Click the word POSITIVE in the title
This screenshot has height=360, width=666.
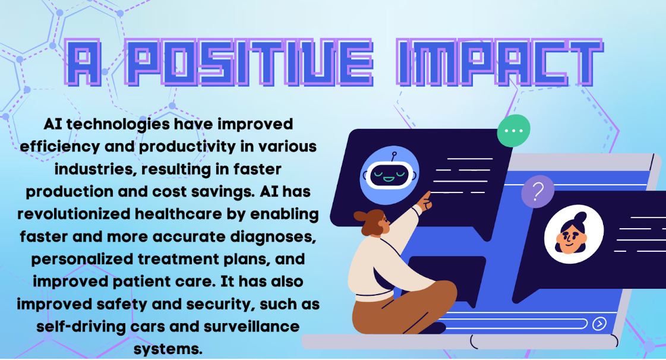tap(249, 63)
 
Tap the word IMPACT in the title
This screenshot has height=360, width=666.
tap(500, 63)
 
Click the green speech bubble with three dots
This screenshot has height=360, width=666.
tap(513, 131)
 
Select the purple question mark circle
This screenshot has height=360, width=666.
tap(538, 192)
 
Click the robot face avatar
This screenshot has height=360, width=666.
tap(390, 175)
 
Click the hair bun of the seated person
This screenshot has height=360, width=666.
tap(361, 216)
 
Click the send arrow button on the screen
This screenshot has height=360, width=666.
tap(599, 324)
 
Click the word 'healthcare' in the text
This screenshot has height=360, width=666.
tap(178, 214)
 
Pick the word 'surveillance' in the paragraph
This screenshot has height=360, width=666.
tap(251, 327)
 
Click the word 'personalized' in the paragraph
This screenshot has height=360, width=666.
tap(82, 260)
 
